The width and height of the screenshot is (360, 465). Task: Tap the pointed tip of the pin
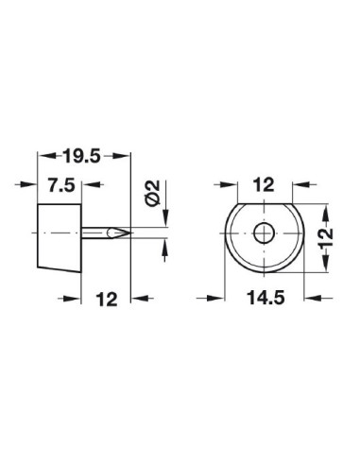(x=128, y=232)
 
